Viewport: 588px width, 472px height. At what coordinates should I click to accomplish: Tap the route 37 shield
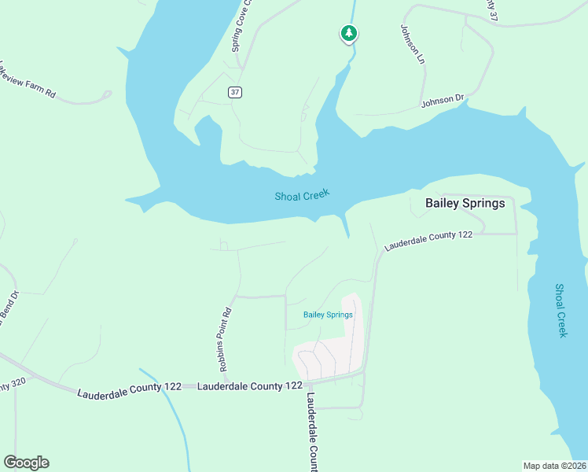(x=235, y=92)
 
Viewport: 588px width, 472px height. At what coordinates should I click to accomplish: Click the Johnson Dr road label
(x=443, y=101)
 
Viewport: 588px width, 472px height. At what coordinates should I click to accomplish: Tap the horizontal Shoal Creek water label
(x=302, y=194)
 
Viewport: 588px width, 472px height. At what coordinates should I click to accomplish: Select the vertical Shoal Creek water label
(x=560, y=311)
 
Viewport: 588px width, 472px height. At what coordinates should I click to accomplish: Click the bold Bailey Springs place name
(x=465, y=203)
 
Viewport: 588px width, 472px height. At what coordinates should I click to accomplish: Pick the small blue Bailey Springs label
(x=328, y=315)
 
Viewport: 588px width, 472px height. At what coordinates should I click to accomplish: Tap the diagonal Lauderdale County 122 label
(x=428, y=241)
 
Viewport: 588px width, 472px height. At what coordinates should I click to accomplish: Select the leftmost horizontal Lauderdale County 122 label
(x=129, y=388)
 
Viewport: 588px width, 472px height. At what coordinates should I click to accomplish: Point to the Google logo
(x=26, y=463)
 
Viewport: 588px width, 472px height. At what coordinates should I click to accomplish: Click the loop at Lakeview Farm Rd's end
(x=106, y=94)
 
